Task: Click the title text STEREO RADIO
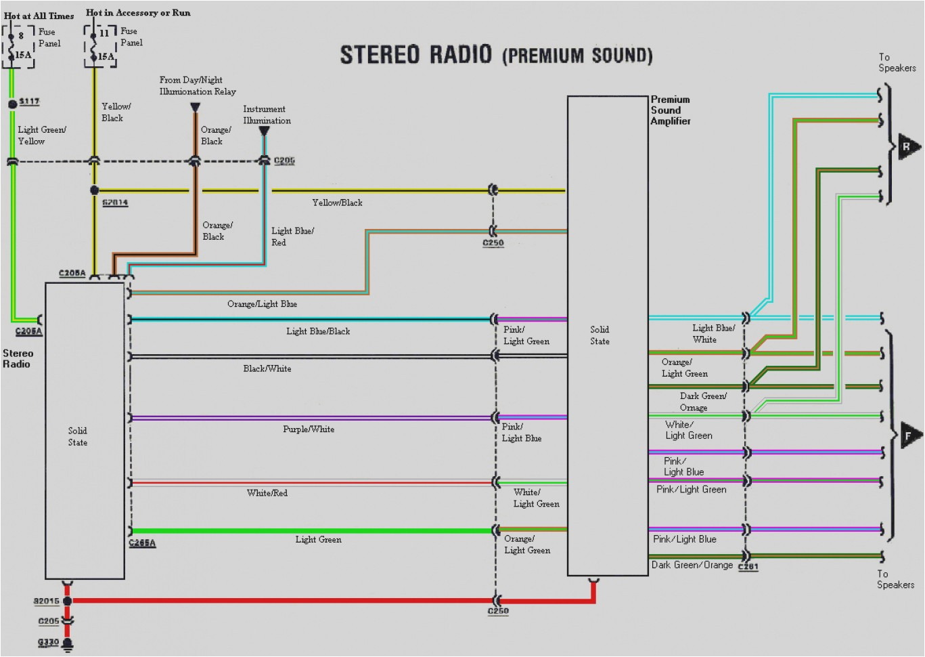coord(415,55)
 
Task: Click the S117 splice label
coord(29,102)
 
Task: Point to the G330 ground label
coord(48,642)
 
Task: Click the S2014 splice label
coord(115,203)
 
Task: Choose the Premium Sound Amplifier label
coord(670,110)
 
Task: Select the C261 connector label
coord(748,567)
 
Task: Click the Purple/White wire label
coord(309,429)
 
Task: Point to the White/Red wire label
coord(267,493)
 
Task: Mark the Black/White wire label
coord(267,368)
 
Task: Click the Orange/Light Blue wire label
coord(262,304)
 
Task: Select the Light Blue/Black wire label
coord(318,331)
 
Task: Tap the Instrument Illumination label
coord(267,114)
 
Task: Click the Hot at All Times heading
coord(39,16)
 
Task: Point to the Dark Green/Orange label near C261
coord(692,565)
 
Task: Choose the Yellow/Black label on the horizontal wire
coord(337,203)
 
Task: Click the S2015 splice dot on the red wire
coord(67,601)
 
